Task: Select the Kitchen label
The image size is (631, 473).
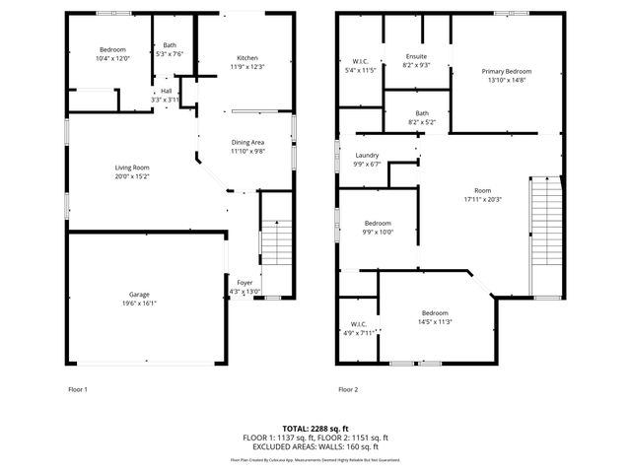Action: pyautogui.click(x=246, y=56)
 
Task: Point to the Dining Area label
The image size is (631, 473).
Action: pyautogui.click(x=247, y=142)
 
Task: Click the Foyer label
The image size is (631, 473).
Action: pyautogui.click(x=245, y=283)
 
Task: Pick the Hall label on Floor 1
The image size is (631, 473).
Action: pyautogui.click(x=166, y=92)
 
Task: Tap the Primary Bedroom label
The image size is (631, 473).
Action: pyautogui.click(x=507, y=72)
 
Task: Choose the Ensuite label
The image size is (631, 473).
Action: pyautogui.click(x=416, y=56)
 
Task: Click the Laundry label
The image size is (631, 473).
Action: pyautogui.click(x=367, y=156)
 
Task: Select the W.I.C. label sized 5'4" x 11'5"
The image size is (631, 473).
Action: pyautogui.click(x=360, y=62)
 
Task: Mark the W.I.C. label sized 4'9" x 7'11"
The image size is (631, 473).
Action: pyautogui.click(x=359, y=324)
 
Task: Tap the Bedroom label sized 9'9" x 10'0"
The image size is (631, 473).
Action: pyautogui.click(x=378, y=223)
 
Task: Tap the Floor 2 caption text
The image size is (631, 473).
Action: pyautogui.click(x=348, y=389)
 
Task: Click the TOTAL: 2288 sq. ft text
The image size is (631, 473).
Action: pyautogui.click(x=315, y=429)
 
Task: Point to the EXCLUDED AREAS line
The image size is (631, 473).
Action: pyautogui.click(x=315, y=445)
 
